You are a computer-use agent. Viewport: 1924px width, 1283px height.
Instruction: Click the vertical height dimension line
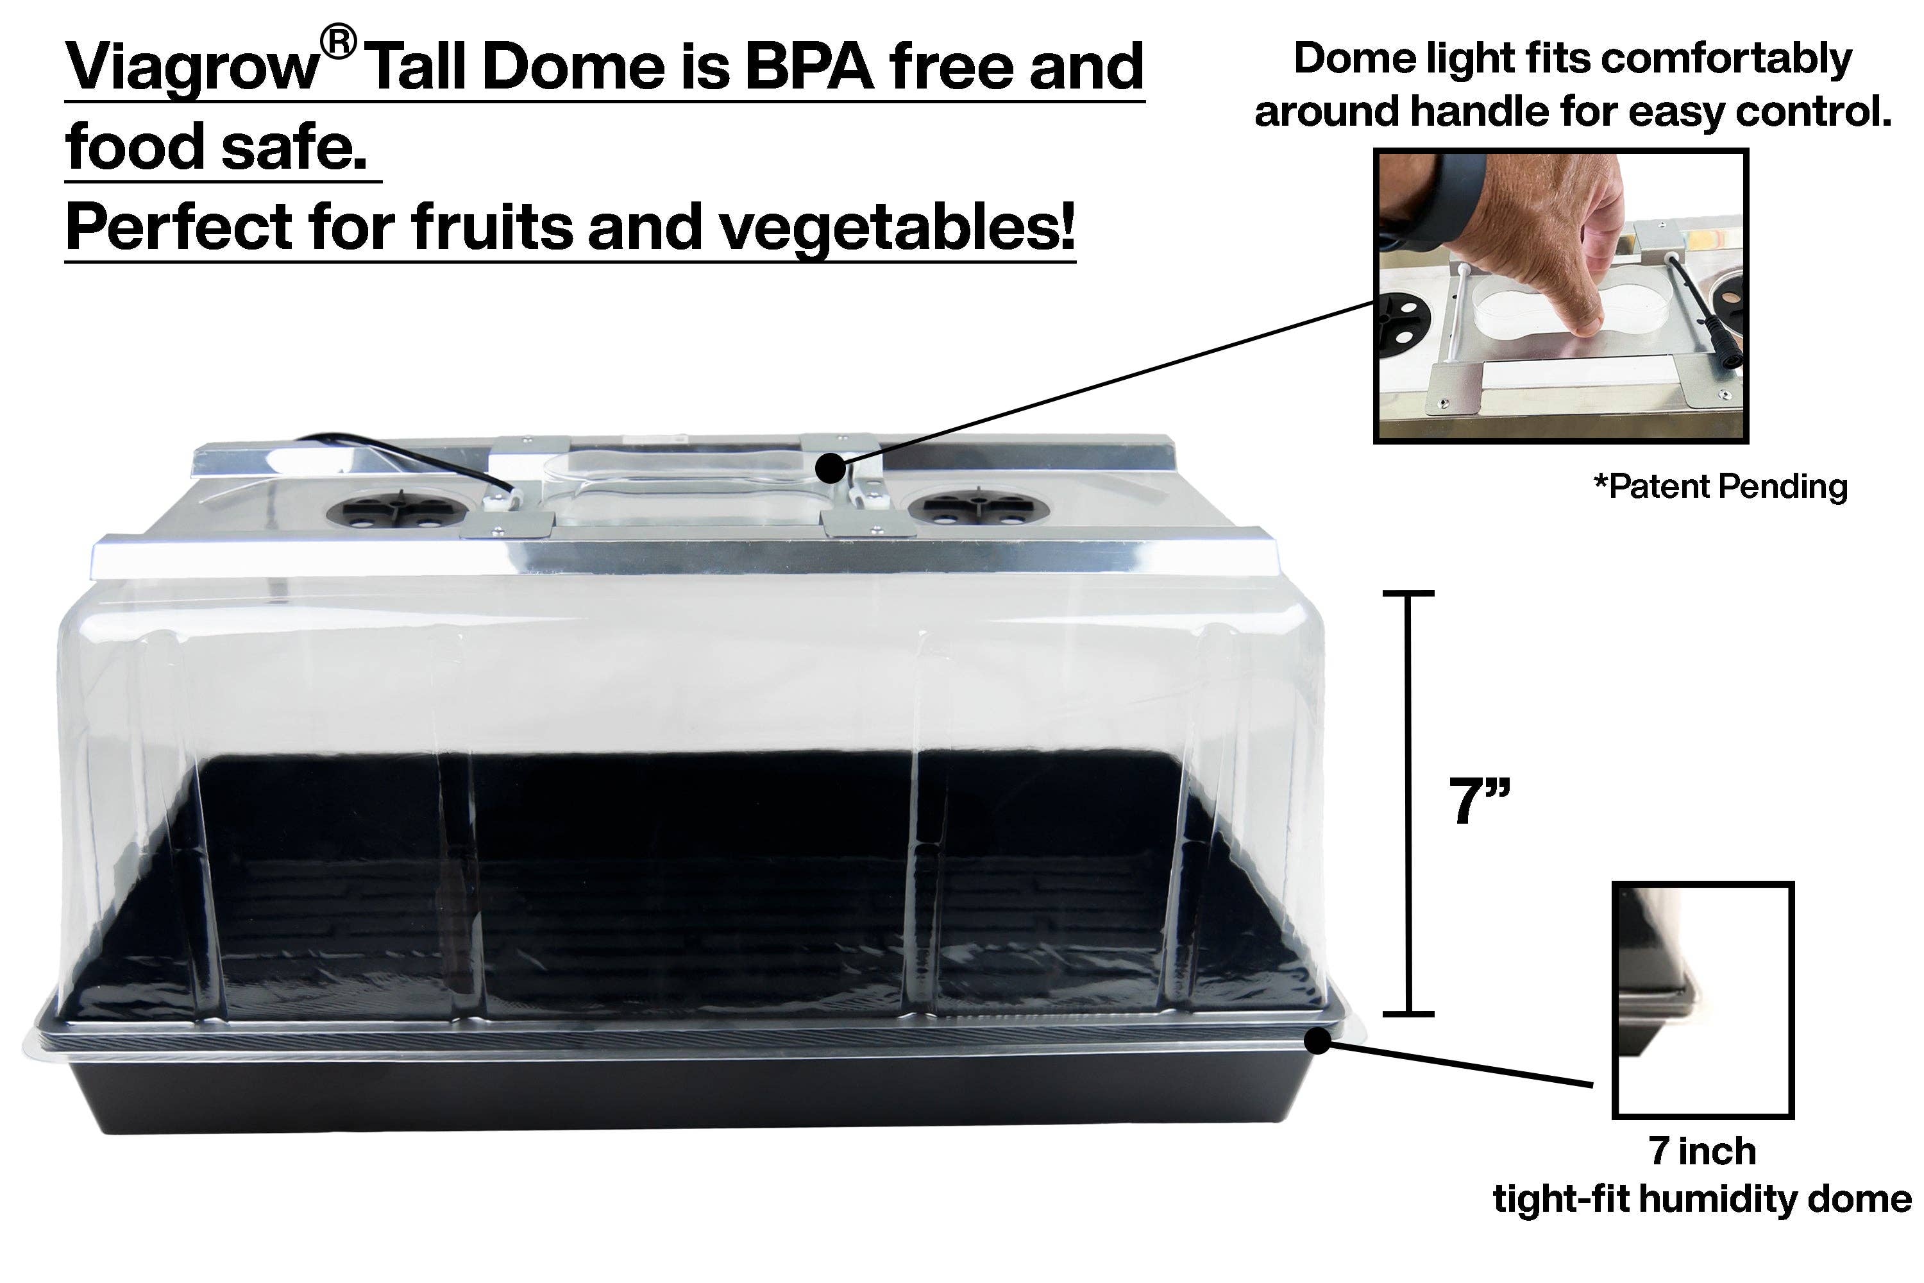[x=1408, y=802]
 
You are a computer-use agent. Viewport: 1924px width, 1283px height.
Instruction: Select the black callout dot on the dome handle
[x=831, y=469]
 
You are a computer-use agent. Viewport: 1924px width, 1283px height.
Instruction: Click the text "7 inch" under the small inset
[x=1702, y=1151]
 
